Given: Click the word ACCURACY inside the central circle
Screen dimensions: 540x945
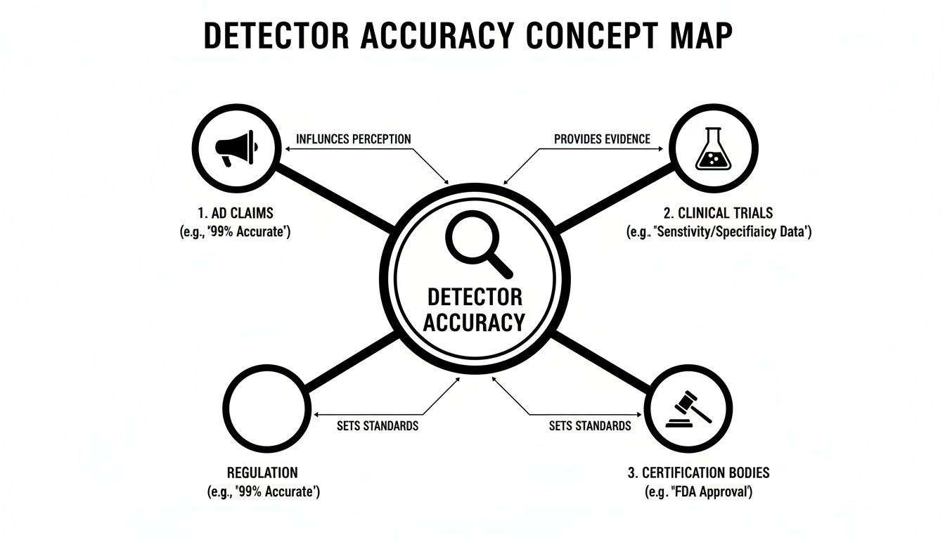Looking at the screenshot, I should click(474, 322).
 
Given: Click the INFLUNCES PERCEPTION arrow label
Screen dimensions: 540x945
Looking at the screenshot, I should click(353, 139).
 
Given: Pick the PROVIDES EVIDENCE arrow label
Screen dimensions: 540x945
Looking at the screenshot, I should click(602, 139).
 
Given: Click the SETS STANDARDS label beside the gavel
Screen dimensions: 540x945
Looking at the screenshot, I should click(589, 425).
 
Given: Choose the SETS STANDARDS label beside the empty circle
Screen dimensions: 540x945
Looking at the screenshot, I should click(378, 425).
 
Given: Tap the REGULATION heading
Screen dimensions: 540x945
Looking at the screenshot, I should click(262, 472).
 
